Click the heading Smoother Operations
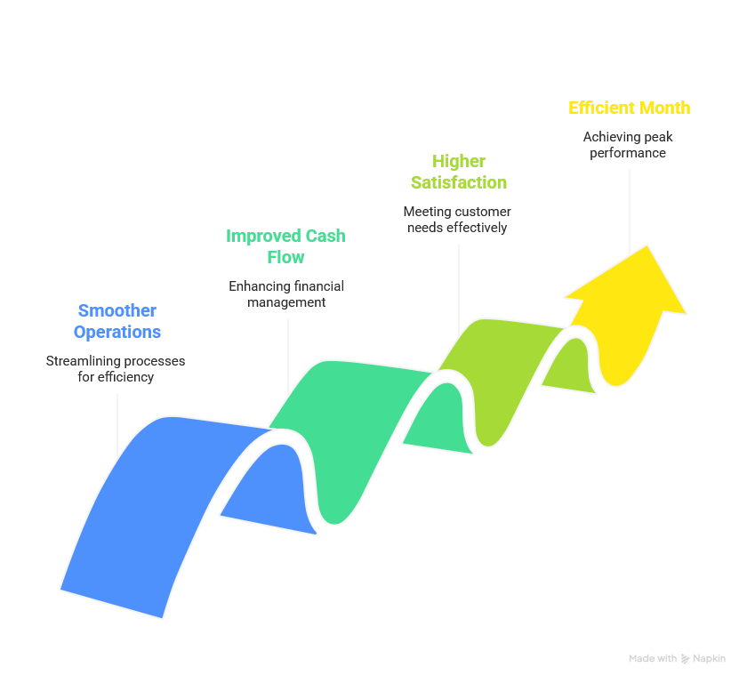(116, 321)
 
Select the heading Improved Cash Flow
(285, 246)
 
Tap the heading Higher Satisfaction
(459, 172)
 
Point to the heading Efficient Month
(629, 108)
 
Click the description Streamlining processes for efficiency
(116, 369)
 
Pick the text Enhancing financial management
(285, 294)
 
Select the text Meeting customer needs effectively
(457, 220)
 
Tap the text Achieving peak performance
(627, 145)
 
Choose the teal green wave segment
(347, 427)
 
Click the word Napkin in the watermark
(710, 659)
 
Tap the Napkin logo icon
(686, 659)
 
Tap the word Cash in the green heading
(325, 236)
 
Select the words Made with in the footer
(653, 659)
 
